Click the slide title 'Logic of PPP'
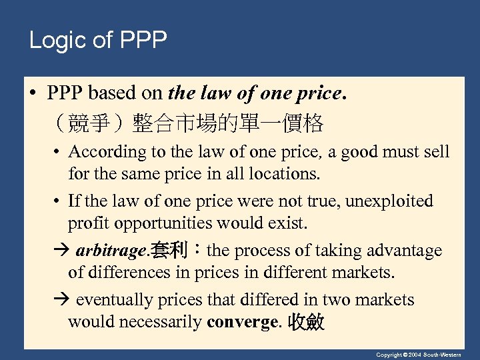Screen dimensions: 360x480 97,41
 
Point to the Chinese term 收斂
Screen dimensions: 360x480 306,323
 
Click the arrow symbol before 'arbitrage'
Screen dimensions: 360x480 60,251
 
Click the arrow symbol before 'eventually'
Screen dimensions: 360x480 60,301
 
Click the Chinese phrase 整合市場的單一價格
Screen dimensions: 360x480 228,123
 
